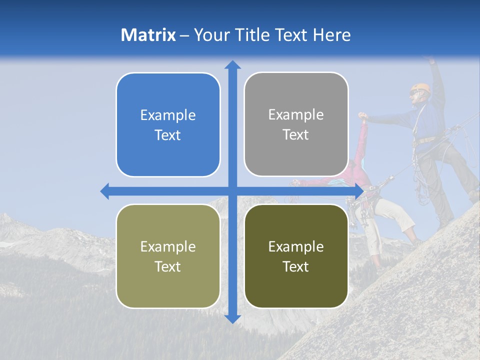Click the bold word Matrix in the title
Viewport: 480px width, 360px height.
click(148, 35)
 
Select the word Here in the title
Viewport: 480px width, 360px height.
click(331, 35)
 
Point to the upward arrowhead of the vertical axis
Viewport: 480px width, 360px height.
click(232, 64)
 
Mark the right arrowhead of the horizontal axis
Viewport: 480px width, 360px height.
click(358, 191)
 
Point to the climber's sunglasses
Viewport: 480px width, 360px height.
click(414, 92)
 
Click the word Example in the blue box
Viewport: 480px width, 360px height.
click(168, 115)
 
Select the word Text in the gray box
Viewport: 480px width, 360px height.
click(296, 135)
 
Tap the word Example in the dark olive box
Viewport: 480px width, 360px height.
click(296, 246)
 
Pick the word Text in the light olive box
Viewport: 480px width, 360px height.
click(168, 266)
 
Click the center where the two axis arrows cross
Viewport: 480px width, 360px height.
click(232, 191)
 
